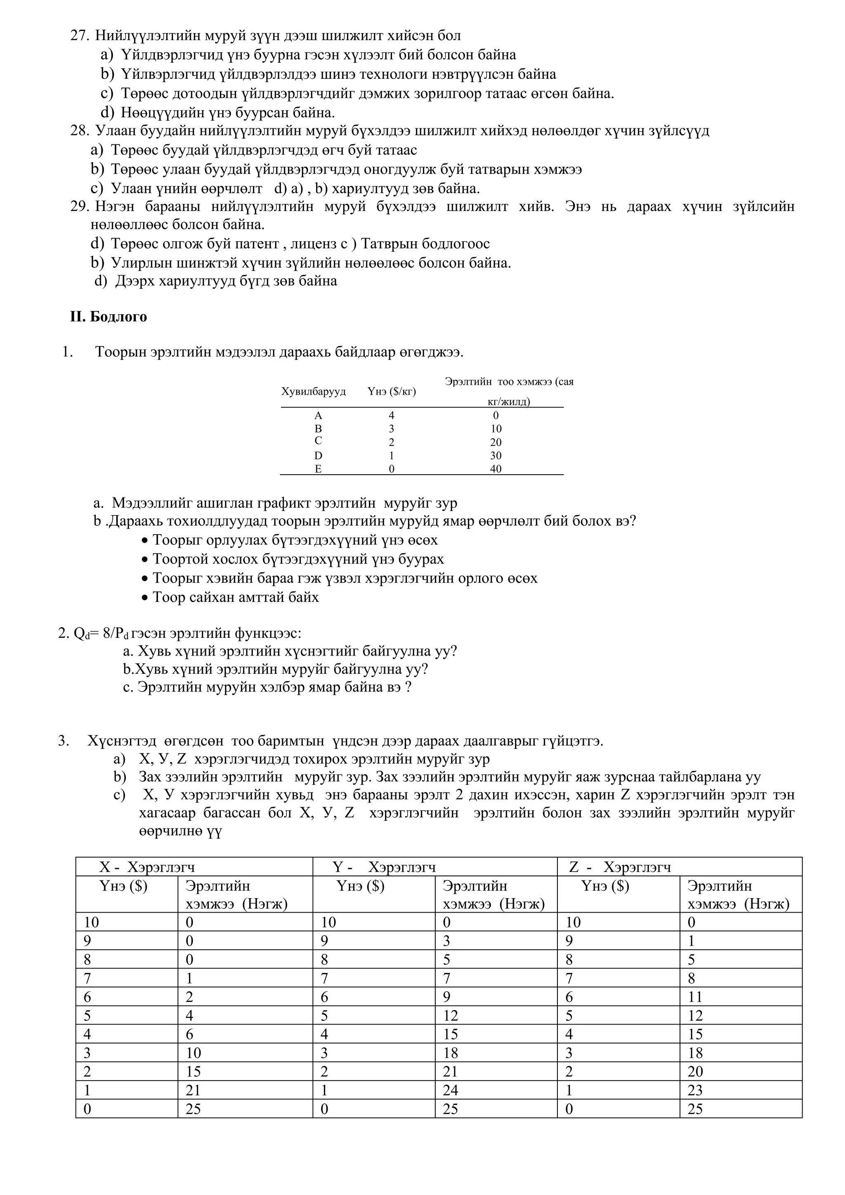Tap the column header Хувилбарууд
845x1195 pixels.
[x=313, y=391]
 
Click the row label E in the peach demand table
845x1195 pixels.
[x=318, y=469]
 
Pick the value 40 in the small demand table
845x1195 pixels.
[x=496, y=469]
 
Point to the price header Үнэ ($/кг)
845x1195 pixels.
[x=391, y=391]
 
